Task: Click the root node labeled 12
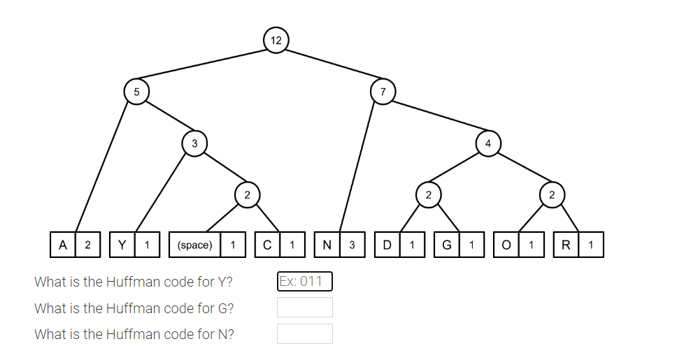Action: point(276,40)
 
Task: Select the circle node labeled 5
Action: point(136,91)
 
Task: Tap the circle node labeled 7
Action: point(383,91)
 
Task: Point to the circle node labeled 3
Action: point(194,143)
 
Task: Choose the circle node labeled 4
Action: point(488,143)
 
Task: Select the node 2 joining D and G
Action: point(428,194)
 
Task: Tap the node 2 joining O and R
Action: point(552,194)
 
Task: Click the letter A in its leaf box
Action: point(63,245)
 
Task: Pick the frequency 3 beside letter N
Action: point(352,245)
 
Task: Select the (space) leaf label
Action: point(195,245)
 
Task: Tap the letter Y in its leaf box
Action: point(122,245)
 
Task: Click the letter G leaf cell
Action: point(446,245)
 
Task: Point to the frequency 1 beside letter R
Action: point(591,245)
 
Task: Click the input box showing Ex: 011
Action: point(304,281)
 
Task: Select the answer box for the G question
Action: point(304,308)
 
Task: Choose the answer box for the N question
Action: point(304,333)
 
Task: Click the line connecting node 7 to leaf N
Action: point(361,168)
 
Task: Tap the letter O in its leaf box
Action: point(506,245)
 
